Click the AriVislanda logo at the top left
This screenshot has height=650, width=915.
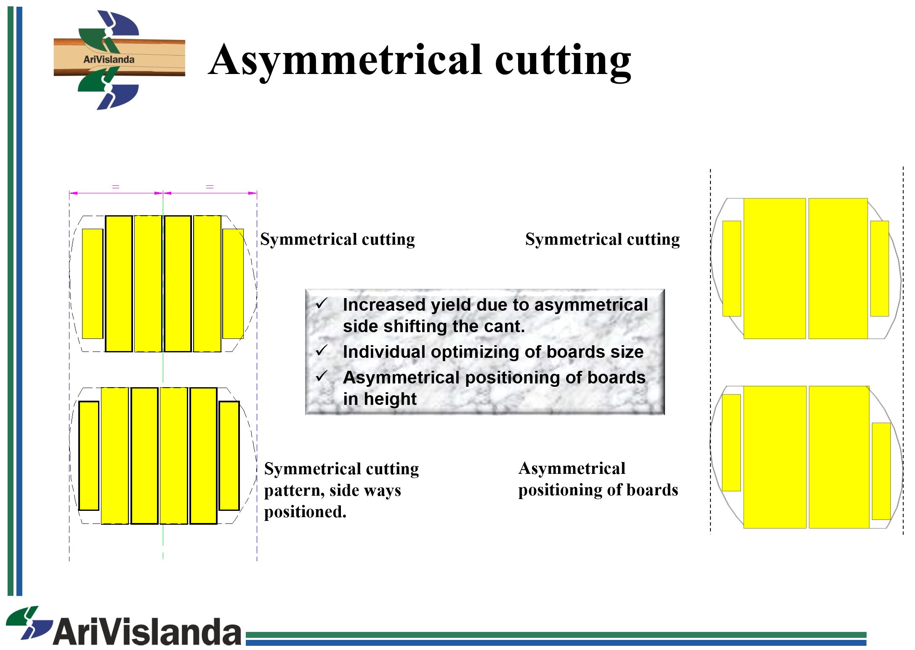pos(120,60)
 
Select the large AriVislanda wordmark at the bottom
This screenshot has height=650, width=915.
pos(124,627)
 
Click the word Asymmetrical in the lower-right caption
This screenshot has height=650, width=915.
pos(572,468)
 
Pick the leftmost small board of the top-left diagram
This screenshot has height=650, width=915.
pos(93,284)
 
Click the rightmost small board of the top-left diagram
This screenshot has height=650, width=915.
pos(233,284)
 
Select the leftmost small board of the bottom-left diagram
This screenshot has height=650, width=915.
pos(89,456)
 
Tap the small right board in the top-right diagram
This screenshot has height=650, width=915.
pos(879,268)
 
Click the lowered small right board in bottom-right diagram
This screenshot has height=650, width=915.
pos(881,471)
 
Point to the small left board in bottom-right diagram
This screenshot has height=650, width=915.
pos(731,443)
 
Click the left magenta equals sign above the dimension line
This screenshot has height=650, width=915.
pos(116,187)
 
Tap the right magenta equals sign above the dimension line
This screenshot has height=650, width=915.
pos(210,187)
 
